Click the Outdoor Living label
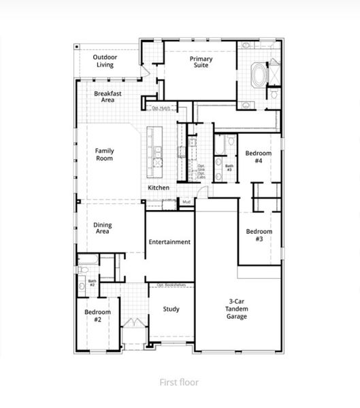[105, 61]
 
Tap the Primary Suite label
[201, 63]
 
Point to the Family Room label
[104, 154]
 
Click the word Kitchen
[159, 188]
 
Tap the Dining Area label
[103, 228]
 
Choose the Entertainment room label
[169, 242]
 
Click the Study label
[171, 309]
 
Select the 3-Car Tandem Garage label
[238, 309]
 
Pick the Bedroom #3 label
[259, 235]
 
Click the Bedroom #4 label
[259, 157]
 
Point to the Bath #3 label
[229, 167]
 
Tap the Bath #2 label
[92, 282]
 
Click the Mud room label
[185, 201]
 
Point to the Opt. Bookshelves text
[170, 285]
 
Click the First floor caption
[179, 383]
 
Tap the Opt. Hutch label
[161, 108]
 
